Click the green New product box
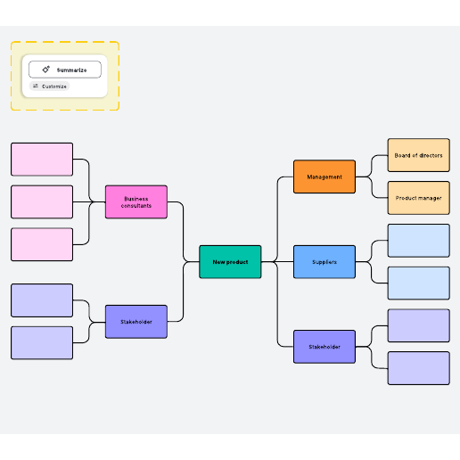(230, 262)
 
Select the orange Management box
(324, 177)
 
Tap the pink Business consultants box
(136, 202)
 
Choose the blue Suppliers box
(324, 262)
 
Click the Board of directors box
(419, 155)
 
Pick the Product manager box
(419, 198)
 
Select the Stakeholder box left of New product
(136, 322)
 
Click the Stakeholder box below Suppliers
(324, 347)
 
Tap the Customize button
(49, 86)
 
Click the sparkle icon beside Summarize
(45, 70)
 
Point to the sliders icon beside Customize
(36, 86)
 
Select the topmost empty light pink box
(42, 160)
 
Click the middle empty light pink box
(42, 202)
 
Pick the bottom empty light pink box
(42, 244)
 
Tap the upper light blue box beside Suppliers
(419, 241)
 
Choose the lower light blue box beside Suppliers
(419, 283)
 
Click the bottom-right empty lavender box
(419, 368)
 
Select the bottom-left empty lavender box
(42, 343)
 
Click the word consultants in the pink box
(136, 206)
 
